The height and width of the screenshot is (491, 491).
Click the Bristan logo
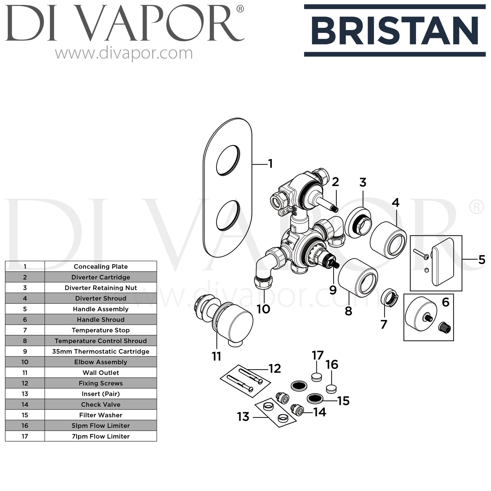pos(395,30)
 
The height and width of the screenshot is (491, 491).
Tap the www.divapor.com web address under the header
pos(124,53)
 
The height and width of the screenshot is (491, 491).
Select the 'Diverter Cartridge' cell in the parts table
pos(100,277)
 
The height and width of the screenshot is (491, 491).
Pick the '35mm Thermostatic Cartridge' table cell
pos(100,352)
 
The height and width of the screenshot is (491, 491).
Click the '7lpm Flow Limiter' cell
pos(100,436)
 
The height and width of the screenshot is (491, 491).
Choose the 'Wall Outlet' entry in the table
pos(100,373)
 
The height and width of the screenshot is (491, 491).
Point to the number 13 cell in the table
pos(25,394)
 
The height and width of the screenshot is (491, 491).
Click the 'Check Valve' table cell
pos(100,405)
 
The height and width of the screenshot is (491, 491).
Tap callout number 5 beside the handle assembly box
pos(482,260)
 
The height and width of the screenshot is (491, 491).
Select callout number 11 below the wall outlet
pos(216,356)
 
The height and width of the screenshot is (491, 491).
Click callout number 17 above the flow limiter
pos(318,355)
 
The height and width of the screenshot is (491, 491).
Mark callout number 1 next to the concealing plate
pos(270,164)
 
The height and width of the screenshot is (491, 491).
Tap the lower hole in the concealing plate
pos(228,214)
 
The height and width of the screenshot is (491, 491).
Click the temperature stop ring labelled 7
pos(388,297)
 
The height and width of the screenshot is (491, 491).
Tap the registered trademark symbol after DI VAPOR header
pos(240,9)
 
